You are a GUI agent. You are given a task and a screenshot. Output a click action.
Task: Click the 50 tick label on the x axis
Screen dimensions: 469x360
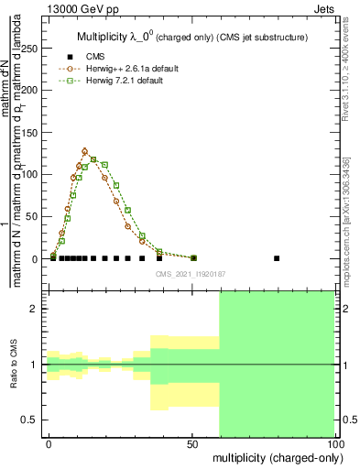point(192,443)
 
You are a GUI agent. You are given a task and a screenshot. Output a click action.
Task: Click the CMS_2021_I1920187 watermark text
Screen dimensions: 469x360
point(191,274)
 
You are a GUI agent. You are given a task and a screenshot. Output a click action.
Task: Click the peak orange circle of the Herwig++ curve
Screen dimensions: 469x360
point(84,151)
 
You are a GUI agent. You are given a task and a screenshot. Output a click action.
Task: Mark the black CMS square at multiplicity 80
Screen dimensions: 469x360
point(277,258)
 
